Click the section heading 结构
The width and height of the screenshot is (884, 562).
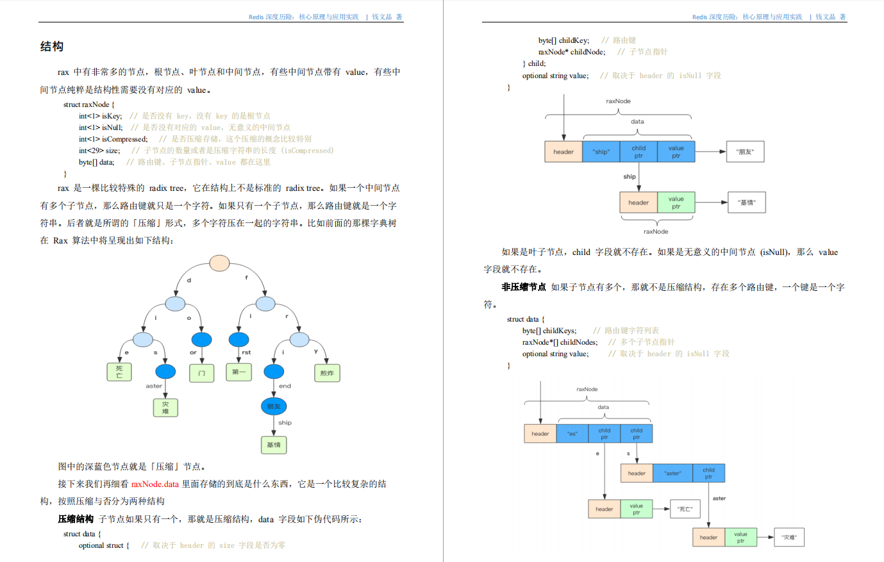(x=52, y=47)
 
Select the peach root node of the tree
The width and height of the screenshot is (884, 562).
(x=220, y=263)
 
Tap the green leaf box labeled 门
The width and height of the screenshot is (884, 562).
(x=202, y=373)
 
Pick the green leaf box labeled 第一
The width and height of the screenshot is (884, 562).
(x=238, y=372)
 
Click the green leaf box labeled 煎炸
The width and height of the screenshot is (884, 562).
(x=327, y=373)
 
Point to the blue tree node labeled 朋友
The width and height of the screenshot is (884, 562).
(x=274, y=406)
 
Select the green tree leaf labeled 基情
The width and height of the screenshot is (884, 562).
(x=274, y=445)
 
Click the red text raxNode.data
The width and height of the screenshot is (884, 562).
(x=155, y=484)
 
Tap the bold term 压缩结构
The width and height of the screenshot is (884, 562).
(x=76, y=519)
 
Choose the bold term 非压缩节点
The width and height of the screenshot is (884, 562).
(x=524, y=287)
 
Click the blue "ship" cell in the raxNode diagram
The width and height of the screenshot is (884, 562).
(x=601, y=152)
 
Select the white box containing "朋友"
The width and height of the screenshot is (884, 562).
(x=745, y=152)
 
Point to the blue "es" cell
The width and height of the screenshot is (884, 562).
(x=572, y=434)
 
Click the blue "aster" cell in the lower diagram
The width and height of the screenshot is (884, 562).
(x=672, y=474)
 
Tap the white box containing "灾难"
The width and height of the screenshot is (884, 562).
(x=789, y=538)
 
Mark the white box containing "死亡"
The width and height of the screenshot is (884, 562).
(x=685, y=509)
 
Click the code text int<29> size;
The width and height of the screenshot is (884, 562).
(x=99, y=151)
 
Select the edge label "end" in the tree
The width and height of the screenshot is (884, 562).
(x=285, y=386)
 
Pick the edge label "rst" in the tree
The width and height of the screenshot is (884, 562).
(x=246, y=352)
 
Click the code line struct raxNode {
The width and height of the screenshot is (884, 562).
(x=89, y=104)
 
